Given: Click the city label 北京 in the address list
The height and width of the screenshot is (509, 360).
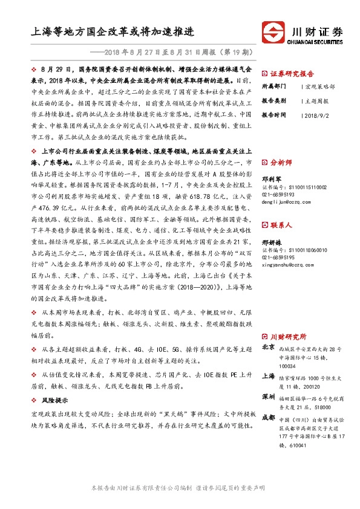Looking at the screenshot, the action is (x=269, y=348).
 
